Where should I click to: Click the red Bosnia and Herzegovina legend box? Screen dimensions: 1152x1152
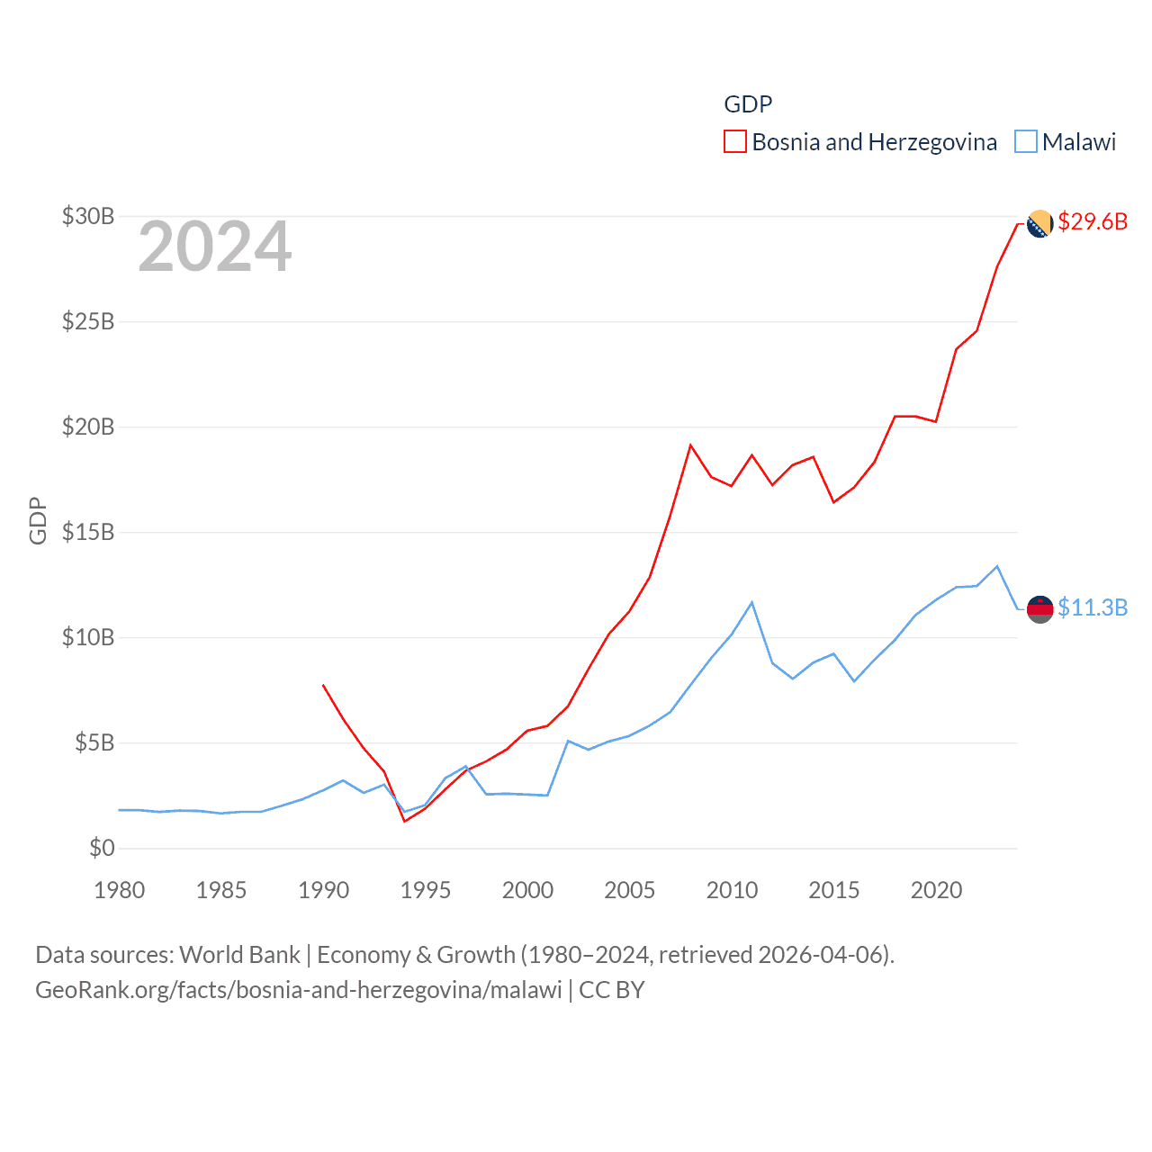pos(735,142)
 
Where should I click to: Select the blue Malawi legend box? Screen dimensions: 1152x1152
pos(1026,142)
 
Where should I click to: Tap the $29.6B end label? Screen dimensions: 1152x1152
pos(1093,221)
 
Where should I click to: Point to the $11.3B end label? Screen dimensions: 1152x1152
pos(1093,607)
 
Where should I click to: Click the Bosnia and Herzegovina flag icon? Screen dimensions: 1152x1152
pos(1039,224)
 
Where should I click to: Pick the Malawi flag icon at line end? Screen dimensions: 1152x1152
pos(1039,609)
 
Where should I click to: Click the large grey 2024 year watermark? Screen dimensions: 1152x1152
pos(214,247)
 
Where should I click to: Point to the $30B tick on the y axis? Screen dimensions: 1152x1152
pos(88,216)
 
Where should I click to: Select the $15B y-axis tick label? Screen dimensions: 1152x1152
pos(88,532)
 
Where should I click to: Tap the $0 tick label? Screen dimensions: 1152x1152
pos(102,848)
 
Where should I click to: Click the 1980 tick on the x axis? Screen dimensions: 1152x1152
pos(120,890)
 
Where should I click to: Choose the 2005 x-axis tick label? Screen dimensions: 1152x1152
pos(630,890)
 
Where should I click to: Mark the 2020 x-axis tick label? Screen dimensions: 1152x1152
pos(936,890)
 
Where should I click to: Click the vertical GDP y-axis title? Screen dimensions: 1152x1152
pos(38,520)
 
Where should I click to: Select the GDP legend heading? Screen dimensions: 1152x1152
pos(748,104)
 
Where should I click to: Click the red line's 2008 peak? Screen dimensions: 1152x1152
pos(690,445)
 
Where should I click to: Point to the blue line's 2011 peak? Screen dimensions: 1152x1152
pos(751,602)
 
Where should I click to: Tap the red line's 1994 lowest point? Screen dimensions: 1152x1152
pos(405,821)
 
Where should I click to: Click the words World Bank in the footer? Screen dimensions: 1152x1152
pos(240,955)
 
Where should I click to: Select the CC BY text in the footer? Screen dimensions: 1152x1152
pos(612,990)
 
